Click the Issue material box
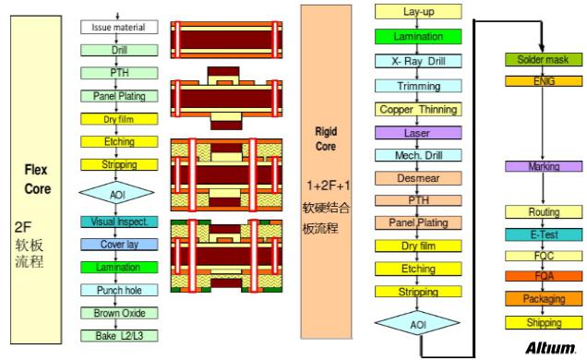tap(119, 28)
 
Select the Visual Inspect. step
tap(119, 222)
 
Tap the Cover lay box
tap(119, 245)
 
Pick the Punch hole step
tap(119, 290)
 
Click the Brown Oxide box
tap(119, 313)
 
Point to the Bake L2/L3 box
tap(119, 335)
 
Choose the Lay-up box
tap(419, 13)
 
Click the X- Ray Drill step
tap(419, 61)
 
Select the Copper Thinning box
tap(419, 109)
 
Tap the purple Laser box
tap(419, 132)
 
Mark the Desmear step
tap(419, 177)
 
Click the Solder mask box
tap(544, 60)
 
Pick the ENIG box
tap(544, 81)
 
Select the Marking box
tap(544, 166)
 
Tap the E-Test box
tap(544, 234)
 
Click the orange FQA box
tap(544, 275)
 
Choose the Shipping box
tap(544, 322)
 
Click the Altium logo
tap(550, 348)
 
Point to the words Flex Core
tap(38, 179)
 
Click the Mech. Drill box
tap(419, 155)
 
